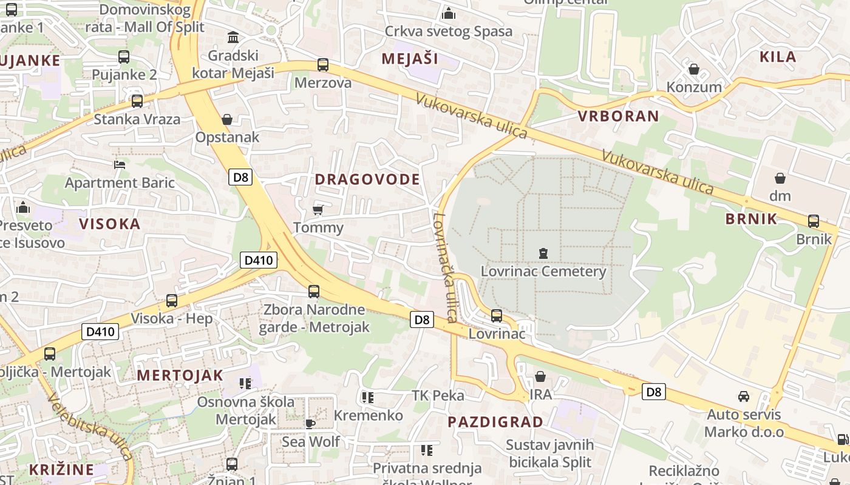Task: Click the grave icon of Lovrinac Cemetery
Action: coord(543,253)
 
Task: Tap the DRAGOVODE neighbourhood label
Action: coord(367,179)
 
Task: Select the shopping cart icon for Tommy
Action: coord(318,210)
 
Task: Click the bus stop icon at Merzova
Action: coord(323,65)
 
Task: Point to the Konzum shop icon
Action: coord(694,69)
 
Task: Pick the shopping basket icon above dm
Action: coord(780,178)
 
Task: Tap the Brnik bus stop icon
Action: coord(814,221)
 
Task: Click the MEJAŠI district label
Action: coord(410,59)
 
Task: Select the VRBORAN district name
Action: coord(618,116)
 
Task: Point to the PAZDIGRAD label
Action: coord(495,422)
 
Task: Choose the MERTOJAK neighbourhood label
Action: coord(180,375)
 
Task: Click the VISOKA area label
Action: coord(110,224)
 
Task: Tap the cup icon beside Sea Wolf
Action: coord(310,423)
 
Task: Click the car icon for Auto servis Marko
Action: coord(743,396)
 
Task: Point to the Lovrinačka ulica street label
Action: coord(444,267)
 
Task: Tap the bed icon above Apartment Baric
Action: coord(120,164)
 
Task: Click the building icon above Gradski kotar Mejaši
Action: coord(233,38)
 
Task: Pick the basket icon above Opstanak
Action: coord(227,119)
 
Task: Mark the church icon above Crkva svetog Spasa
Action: coord(449,13)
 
